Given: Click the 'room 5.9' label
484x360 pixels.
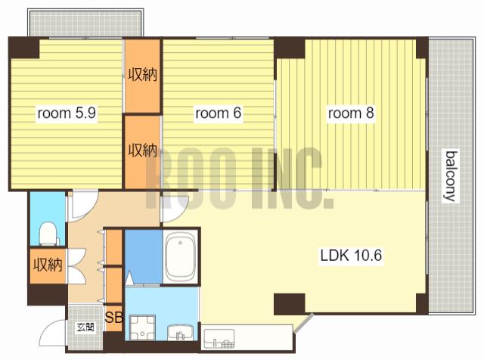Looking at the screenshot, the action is click(67, 113).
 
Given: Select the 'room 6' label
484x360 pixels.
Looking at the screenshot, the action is click(218, 113).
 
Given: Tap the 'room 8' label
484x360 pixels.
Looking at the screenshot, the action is click(351, 113).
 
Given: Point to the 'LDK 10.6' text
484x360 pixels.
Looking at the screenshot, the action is click(351, 256).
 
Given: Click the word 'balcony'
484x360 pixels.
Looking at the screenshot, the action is click(451, 176).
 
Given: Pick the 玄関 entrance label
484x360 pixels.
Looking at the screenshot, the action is click(85, 327).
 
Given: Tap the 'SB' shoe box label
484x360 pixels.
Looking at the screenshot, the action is click(114, 317).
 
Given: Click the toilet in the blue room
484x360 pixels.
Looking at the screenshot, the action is click(48, 234).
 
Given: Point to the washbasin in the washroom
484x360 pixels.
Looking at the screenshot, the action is click(180, 333).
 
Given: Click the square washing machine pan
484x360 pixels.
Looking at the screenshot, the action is click(142, 327).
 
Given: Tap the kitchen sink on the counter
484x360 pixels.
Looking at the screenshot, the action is click(219, 339).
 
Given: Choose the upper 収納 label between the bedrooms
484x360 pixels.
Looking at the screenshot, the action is click(143, 75).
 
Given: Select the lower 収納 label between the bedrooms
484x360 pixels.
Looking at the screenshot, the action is click(143, 151).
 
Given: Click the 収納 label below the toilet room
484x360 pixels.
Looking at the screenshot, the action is click(48, 265).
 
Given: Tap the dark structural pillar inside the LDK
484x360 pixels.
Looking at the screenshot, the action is click(290, 304).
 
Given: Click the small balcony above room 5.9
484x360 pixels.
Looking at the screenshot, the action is click(85, 23).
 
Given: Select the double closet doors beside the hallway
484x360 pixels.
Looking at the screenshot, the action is click(76, 266).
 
